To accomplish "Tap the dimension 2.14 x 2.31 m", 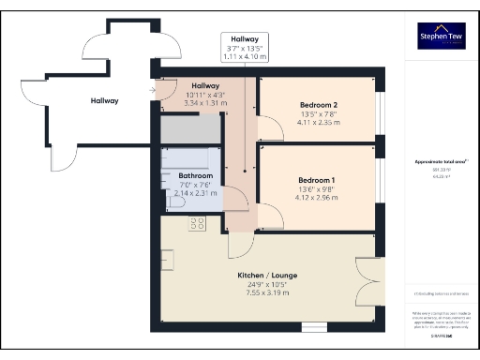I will tap(196, 193).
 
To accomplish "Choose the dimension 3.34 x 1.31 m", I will tap(204, 102).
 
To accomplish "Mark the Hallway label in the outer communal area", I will tap(104, 101).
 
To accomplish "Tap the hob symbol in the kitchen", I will tap(198, 224).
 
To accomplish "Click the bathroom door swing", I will tap(235, 199).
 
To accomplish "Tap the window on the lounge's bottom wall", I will tap(313, 326).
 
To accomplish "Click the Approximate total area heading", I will tap(442, 160).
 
